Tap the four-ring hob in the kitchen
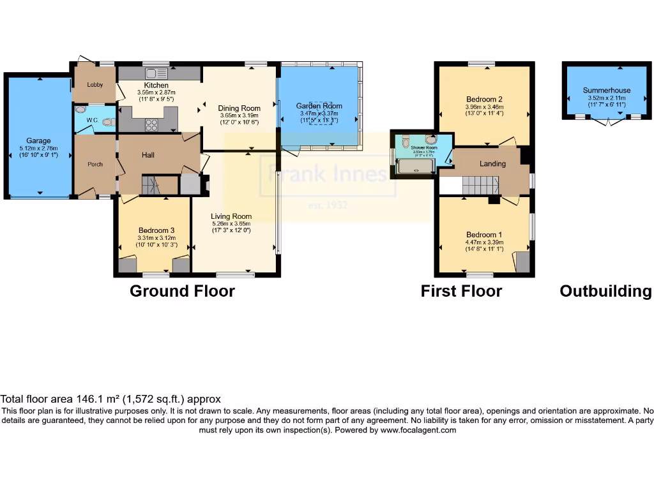(x=152, y=125)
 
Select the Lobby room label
(x=95, y=84)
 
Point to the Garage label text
(x=38, y=141)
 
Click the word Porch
(x=95, y=164)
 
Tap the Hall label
(x=148, y=155)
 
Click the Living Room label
(x=232, y=216)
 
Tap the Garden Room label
(x=319, y=106)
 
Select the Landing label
(x=492, y=163)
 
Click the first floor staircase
(x=480, y=186)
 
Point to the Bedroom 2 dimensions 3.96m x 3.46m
(x=484, y=107)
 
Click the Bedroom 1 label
(x=483, y=235)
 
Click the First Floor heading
(x=461, y=292)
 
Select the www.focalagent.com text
(x=420, y=430)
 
